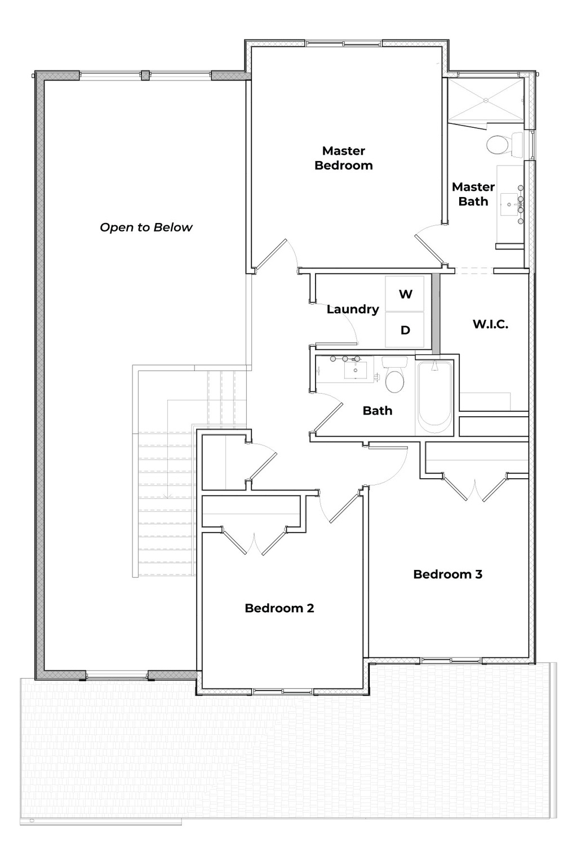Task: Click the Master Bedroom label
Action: coord(343,158)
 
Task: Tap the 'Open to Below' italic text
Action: coord(146,228)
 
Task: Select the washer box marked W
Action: coord(405,294)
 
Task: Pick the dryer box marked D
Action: coord(405,330)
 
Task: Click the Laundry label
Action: coord(353,309)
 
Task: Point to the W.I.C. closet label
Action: coord(490,324)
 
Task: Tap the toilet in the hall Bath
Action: coord(394,379)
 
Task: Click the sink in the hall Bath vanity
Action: coord(355,371)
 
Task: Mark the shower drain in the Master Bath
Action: coord(485,100)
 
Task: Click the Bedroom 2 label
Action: coord(279,608)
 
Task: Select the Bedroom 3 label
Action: coord(447,574)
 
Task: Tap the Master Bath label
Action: coord(473,194)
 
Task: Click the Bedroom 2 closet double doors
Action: coord(255,542)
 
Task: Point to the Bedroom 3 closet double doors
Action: coord(476,489)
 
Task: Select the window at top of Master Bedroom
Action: coord(344,43)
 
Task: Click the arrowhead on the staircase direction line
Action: coord(167,496)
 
